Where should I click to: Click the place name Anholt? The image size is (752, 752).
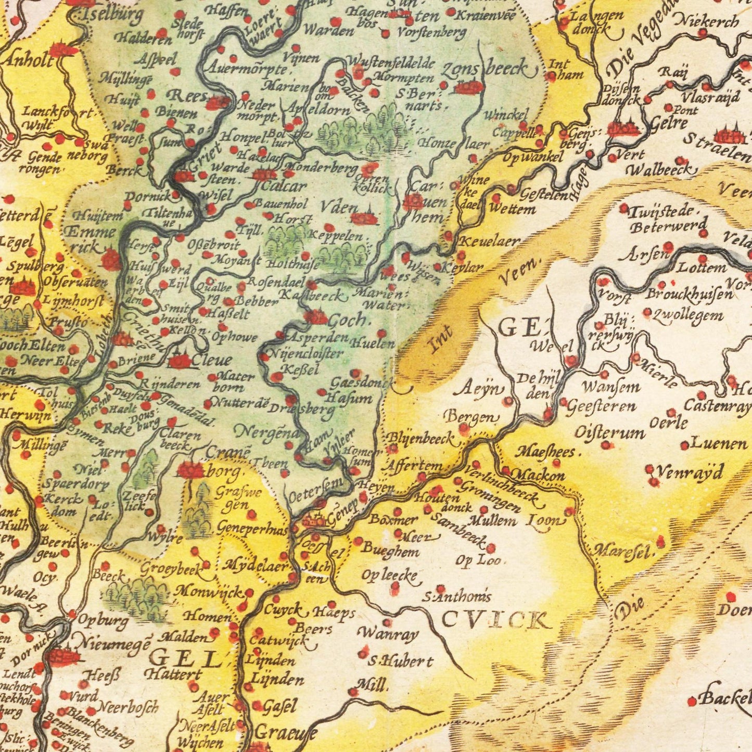click(28, 60)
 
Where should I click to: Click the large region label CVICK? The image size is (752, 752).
click(494, 620)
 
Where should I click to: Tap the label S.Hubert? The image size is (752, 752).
click(400, 661)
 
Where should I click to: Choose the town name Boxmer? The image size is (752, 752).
click(393, 519)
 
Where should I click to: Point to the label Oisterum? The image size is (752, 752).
click(609, 432)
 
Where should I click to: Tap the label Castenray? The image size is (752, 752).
click(717, 404)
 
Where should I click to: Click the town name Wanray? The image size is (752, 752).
click(388, 634)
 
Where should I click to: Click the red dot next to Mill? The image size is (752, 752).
click(353, 692)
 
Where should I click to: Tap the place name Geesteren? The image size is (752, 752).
click(601, 406)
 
